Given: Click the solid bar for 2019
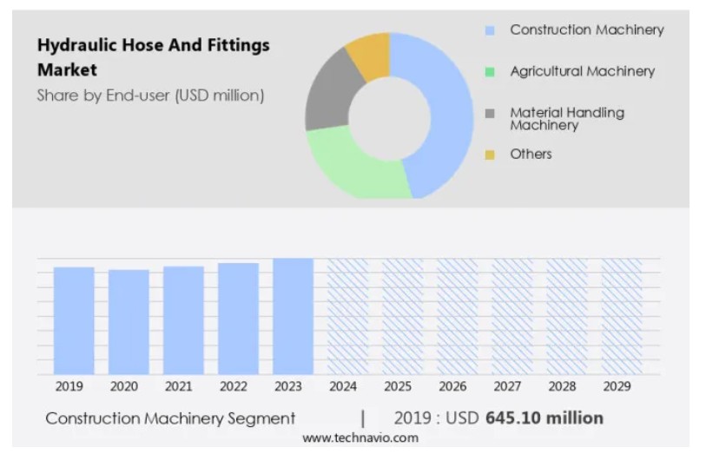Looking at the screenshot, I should pos(74,320).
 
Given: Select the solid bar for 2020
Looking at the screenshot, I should pos(129,322).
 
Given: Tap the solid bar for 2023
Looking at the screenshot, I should pos(293,316).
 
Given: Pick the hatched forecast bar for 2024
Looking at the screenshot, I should pos(347,316).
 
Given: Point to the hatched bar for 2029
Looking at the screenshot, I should pos(621,316).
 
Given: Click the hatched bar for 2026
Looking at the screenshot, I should pos(457,316).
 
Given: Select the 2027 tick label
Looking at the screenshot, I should pos(511,385).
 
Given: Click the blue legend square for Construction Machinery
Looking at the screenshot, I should pos(490,30).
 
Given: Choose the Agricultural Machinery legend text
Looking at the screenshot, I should pos(582,71).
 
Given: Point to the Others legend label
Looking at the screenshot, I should pos(531,154).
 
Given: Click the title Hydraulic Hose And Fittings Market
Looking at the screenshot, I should pos(153,56).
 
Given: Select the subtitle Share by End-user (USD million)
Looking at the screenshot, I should pos(150,95).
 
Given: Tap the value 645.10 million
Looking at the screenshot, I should pos(544,418).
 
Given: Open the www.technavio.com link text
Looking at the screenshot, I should pos(360,438).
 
